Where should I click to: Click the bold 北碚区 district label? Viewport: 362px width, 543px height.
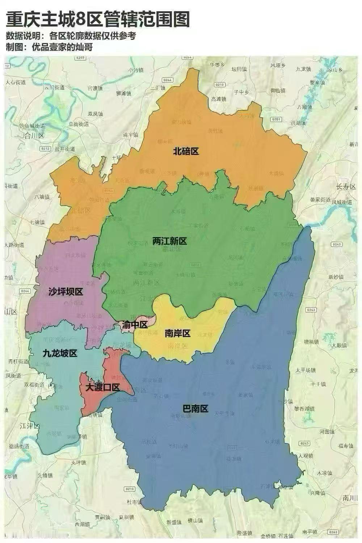186,151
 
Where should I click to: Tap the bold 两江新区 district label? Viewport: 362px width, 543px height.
169,241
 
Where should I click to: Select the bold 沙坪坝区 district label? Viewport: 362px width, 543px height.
66,292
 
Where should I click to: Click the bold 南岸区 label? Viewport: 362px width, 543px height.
177,333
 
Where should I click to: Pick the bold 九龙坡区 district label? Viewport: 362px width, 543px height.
60,353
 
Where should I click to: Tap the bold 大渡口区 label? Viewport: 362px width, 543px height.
102,387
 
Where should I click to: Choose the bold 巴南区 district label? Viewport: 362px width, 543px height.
195,409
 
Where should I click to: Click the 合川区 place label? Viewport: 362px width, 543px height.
34,136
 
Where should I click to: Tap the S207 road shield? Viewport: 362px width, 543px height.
80,58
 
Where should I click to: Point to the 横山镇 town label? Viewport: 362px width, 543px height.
195,521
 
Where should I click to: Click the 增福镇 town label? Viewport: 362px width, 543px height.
311,341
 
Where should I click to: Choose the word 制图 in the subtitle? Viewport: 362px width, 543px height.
14,47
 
